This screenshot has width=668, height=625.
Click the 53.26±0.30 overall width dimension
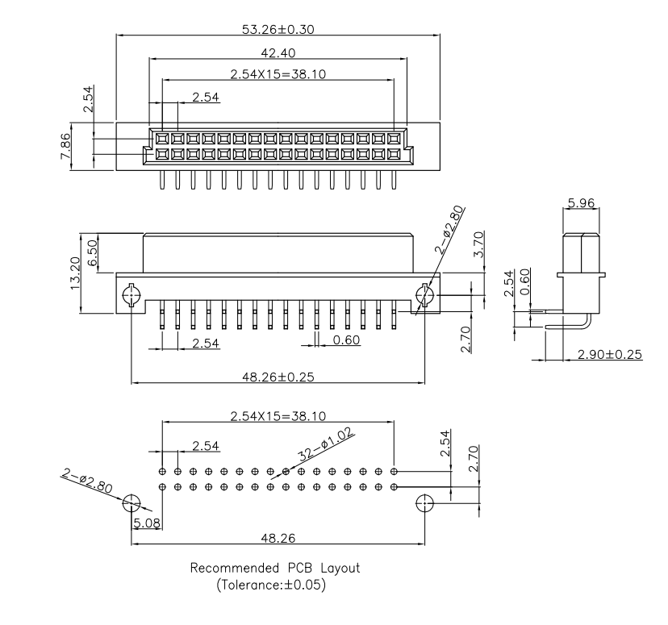[x=278, y=30]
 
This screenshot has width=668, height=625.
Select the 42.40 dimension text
[x=278, y=52]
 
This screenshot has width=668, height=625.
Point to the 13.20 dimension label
[x=74, y=274]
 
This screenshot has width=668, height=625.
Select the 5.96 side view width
[x=581, y=203]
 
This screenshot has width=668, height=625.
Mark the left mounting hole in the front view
[x=130, y=296]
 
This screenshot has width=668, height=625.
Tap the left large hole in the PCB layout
[x=131, y=506]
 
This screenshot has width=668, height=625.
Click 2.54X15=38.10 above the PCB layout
[x=278, y=415]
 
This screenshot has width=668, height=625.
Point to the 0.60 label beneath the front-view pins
[x=346, y=340]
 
